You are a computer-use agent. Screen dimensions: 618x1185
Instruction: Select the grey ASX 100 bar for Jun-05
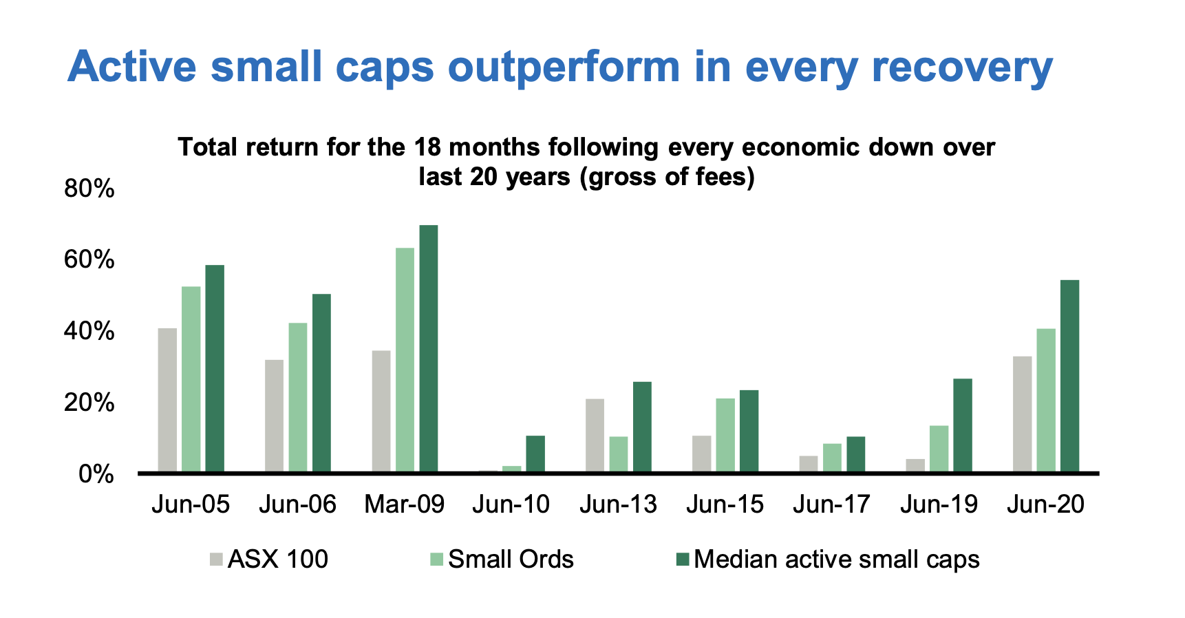tap(167, 400)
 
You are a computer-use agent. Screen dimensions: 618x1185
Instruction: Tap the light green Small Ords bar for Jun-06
tap(298, 397)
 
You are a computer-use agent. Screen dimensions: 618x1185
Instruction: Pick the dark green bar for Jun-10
tap(535, 454)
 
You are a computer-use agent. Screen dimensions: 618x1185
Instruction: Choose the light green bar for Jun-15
tap(725, 435)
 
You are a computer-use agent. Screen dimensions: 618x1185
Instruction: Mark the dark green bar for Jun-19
tap(963, 425)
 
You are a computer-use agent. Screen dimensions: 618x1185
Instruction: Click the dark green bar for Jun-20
tap(1069, 376)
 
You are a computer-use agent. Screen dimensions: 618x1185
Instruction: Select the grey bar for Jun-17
tap(809, 464)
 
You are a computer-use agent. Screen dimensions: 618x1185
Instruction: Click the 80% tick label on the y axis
tap(89, 189)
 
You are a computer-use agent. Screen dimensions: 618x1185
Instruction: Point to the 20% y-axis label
tap(89, 403)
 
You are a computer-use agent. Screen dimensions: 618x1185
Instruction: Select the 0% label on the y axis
tap(96, 474)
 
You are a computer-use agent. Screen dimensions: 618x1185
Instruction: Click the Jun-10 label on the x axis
tap(511, 504)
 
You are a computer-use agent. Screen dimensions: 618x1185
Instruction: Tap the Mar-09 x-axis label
tap(405, 504)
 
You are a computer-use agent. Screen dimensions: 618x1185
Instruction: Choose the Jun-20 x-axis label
tap(1045, 504)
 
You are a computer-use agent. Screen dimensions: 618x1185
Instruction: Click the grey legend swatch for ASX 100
tap(217, 560)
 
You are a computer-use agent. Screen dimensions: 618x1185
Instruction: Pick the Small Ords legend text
tap(511, 560)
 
